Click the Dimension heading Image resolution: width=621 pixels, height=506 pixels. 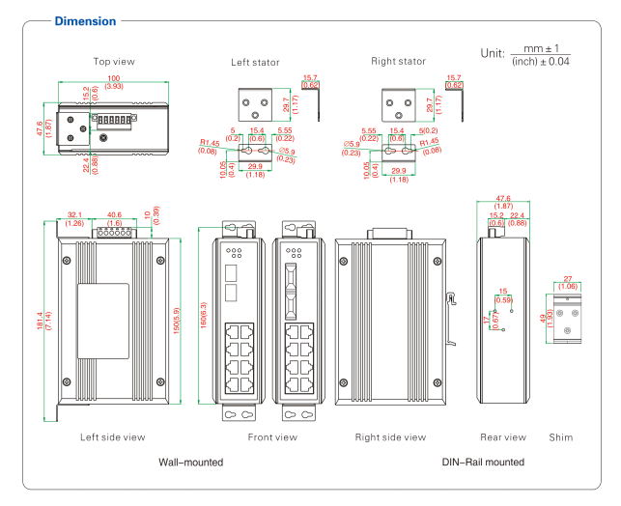(x=85, y=21)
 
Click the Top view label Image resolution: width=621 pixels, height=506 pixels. (x=114, y=62)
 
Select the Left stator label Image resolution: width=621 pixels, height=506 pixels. (x=255, y=63)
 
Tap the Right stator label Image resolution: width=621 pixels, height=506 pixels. (x=398, y=62)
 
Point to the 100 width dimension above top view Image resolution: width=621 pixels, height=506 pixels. (x=114, y=78)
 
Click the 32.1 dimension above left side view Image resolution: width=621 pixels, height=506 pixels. (x=75, y=215)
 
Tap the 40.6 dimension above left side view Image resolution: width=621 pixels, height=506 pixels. (x=114, y=215)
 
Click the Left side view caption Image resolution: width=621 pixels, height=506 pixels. (x=112, y=437)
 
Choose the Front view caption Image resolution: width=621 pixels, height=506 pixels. (x=272, y=437)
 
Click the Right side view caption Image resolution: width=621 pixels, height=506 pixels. (x=390, y=437)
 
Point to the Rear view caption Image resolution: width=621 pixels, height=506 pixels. (x=503, y=437)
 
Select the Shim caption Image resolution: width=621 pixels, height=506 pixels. (x=560, y=437)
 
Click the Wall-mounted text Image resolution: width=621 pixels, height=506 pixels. (x=190, y=463)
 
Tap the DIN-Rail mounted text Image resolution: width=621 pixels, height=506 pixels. (x=483, y=463)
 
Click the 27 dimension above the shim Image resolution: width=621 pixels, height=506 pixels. (x=568, y=278)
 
